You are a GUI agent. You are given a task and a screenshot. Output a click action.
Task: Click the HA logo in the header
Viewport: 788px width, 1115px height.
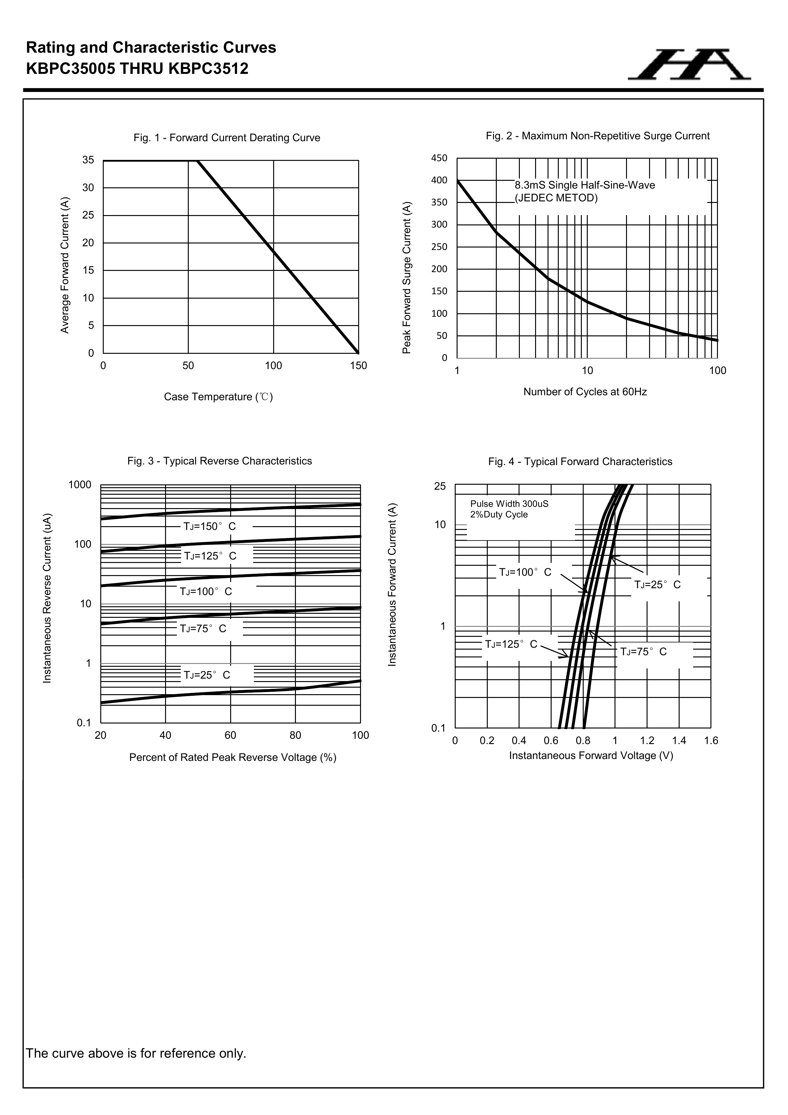pyautogui.click(x=689, y=65)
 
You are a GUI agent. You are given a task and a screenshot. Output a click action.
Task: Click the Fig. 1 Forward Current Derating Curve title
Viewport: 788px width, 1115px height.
pyautogui.click(x=227, y=138)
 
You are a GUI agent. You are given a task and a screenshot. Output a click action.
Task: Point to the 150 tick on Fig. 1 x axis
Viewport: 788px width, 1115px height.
pyautogui.click(x=358, y=366)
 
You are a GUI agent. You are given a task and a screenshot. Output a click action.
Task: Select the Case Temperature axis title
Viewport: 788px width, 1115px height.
pyautogui.click(x=218, y=397)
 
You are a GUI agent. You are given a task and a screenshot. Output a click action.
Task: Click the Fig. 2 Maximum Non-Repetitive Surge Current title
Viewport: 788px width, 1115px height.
pyautogui.click(x=597, y=136)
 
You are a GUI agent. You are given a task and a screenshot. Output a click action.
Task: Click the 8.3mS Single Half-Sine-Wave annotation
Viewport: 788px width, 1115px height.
pyautogui.click(x=584, y=185)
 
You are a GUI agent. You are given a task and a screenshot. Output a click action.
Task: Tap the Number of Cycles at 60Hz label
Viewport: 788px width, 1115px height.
pyautogui.click(x=585, y=392)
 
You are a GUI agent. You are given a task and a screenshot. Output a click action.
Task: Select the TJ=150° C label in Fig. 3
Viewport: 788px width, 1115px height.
pyautogui.click(x=210, y=526)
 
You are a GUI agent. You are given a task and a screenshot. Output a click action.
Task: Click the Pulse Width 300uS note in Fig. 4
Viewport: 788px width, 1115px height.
pyautogui.click(x=509, y=504)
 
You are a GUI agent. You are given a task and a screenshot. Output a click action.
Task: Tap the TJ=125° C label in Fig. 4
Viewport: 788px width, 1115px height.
pyautogui.click(x=511, y=644)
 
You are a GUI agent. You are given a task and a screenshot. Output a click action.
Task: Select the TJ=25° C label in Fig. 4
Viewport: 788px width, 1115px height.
pyautogui.click(x=657, y=585)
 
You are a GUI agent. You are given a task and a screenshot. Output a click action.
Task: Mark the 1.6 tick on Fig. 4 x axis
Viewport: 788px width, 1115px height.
pyautogui.click(x=711, y=741)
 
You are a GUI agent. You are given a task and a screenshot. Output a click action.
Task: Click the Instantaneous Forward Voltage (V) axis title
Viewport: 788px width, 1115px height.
pyautogui.click(x=591, y=756)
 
